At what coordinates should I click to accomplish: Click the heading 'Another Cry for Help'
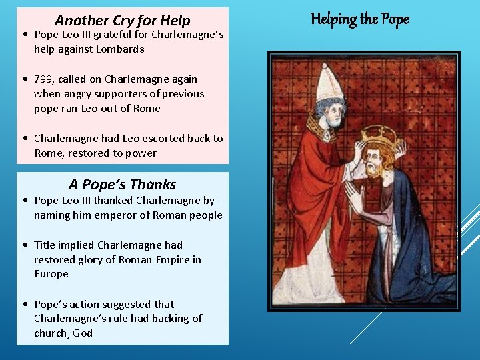pyautogui.click(x=122, y=21)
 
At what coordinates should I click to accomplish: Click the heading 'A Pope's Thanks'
pyautogui.click(x=122, y=185)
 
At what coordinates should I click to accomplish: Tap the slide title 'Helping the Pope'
pyautogui.click(x=360, y=19)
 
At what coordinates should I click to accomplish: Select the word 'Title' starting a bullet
pyautogui.click(x=45, y=245)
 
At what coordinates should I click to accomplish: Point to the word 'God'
pyautogui.click(x=83, y=333)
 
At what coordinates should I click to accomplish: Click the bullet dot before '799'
pyautogui.click(x=24, y=79)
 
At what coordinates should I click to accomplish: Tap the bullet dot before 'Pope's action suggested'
pyautogui.click(x=24, y=304)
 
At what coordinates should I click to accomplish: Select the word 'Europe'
pyautogui.click(x=51, y=274)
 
